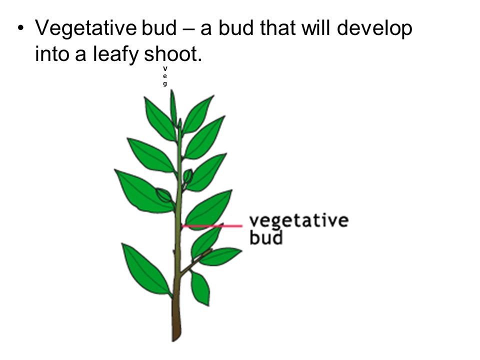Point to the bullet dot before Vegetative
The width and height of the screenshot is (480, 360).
coord(19,29)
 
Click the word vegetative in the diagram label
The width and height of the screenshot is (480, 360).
coord(298,221)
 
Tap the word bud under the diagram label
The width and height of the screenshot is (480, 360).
coord(266,236)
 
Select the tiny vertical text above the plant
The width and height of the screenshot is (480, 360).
coord(164,75)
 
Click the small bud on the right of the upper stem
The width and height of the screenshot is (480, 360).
coord(188,176)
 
